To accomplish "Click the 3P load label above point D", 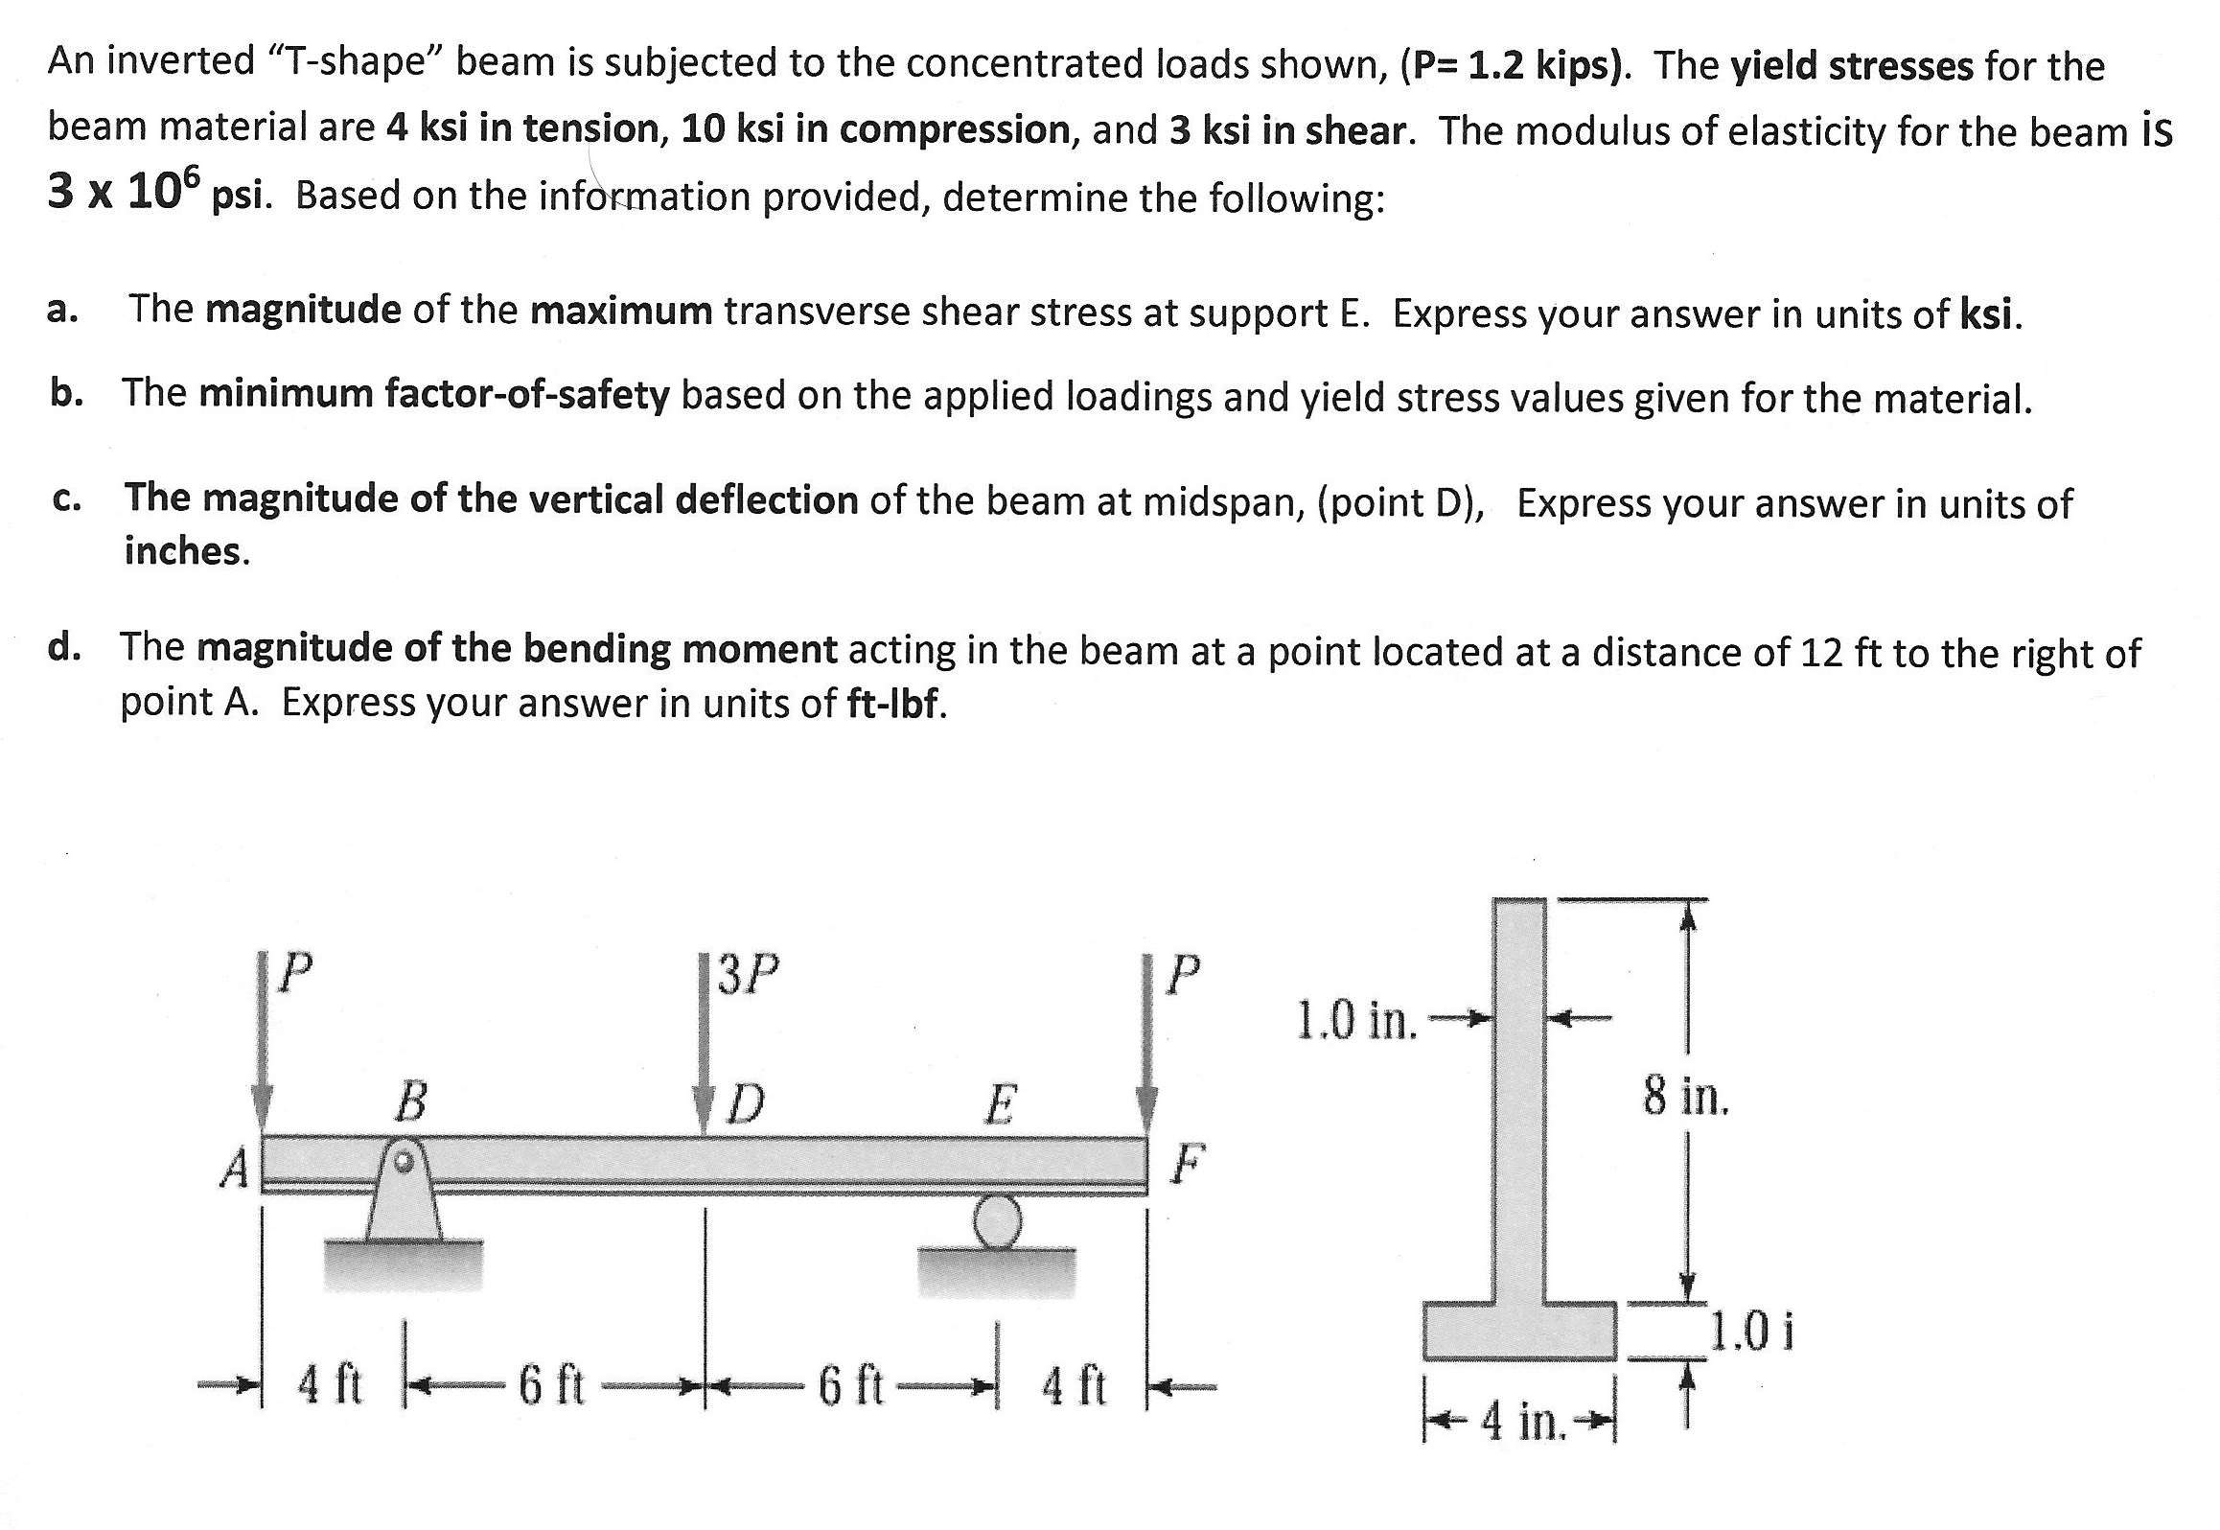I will click(748, 976).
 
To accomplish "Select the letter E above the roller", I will click(999, 1104).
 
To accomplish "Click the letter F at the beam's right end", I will click(1186, 1164).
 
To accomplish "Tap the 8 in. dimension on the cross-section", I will click(1685, 1096).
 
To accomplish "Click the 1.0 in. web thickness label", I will click(1355, 1020).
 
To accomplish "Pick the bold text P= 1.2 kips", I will click(1515, 65).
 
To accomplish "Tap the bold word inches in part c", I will click(187, 551).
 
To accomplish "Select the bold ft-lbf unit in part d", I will click(897, 704).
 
